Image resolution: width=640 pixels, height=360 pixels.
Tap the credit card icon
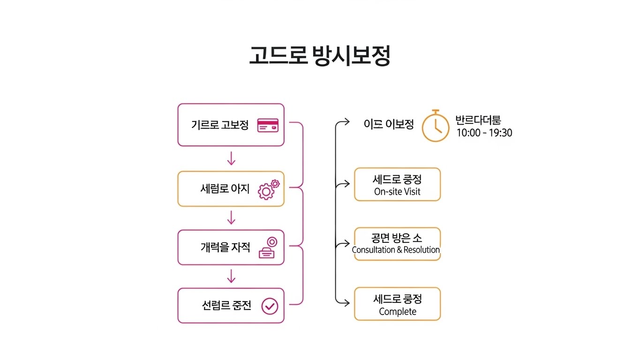pyautogui.click(x=268, y=125)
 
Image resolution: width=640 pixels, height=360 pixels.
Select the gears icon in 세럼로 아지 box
pyautogui.click(x=268, y=189)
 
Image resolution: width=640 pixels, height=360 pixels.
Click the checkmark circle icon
pyautogui.click(x=270, y=306)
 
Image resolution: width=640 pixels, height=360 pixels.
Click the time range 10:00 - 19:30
pyautogui.click(x=484, y=133)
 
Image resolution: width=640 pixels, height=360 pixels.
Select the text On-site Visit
pyautogui.click(x=397, y=191)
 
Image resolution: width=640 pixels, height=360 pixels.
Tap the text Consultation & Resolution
pyautogui.click(x=396, y=250)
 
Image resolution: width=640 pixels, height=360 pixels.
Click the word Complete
pyautogui.click(x=397, y=311)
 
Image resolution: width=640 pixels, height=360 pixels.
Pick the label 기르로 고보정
pyautogui.click(x=219, y=125)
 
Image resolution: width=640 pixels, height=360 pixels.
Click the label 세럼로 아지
pyautogui.click(x=225, y=189)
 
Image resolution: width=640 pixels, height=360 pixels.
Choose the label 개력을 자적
pyautogui.click(x=225, y=247)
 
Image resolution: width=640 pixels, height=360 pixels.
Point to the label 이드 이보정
pyautogui.click(x=389, y=124)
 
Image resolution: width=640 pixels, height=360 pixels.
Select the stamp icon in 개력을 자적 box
pyautogui.click(x=269, y=248)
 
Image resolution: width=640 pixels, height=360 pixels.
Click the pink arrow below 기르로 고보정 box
pyautogui.click(x=231, y=159)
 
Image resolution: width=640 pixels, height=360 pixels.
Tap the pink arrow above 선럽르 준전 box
pyautogui.click(x=231, y=277)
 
